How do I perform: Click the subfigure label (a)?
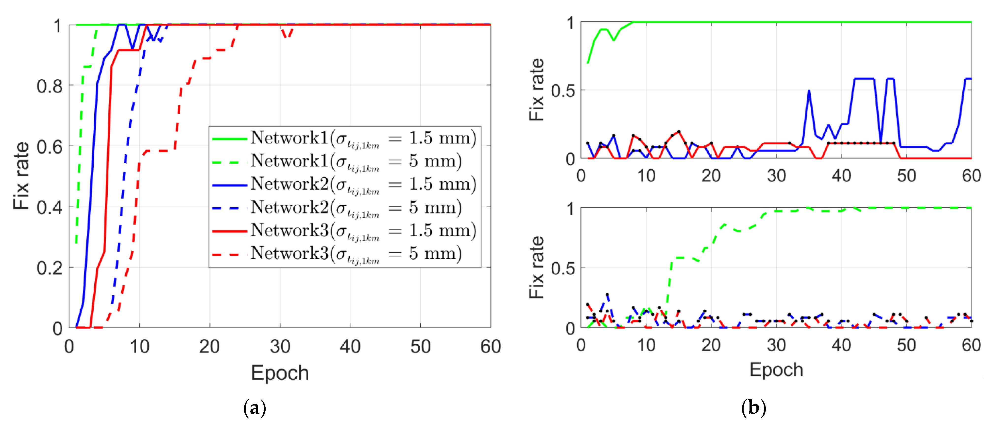[255, 408]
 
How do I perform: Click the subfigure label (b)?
[753, 408]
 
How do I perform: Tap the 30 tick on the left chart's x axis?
[280, 347]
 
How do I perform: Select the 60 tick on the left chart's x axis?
[490, 347]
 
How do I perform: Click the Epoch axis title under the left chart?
[280, 373]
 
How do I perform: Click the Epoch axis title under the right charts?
[776, 370]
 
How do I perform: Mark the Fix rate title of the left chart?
[21, 176]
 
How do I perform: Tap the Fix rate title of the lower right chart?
[537, 268]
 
